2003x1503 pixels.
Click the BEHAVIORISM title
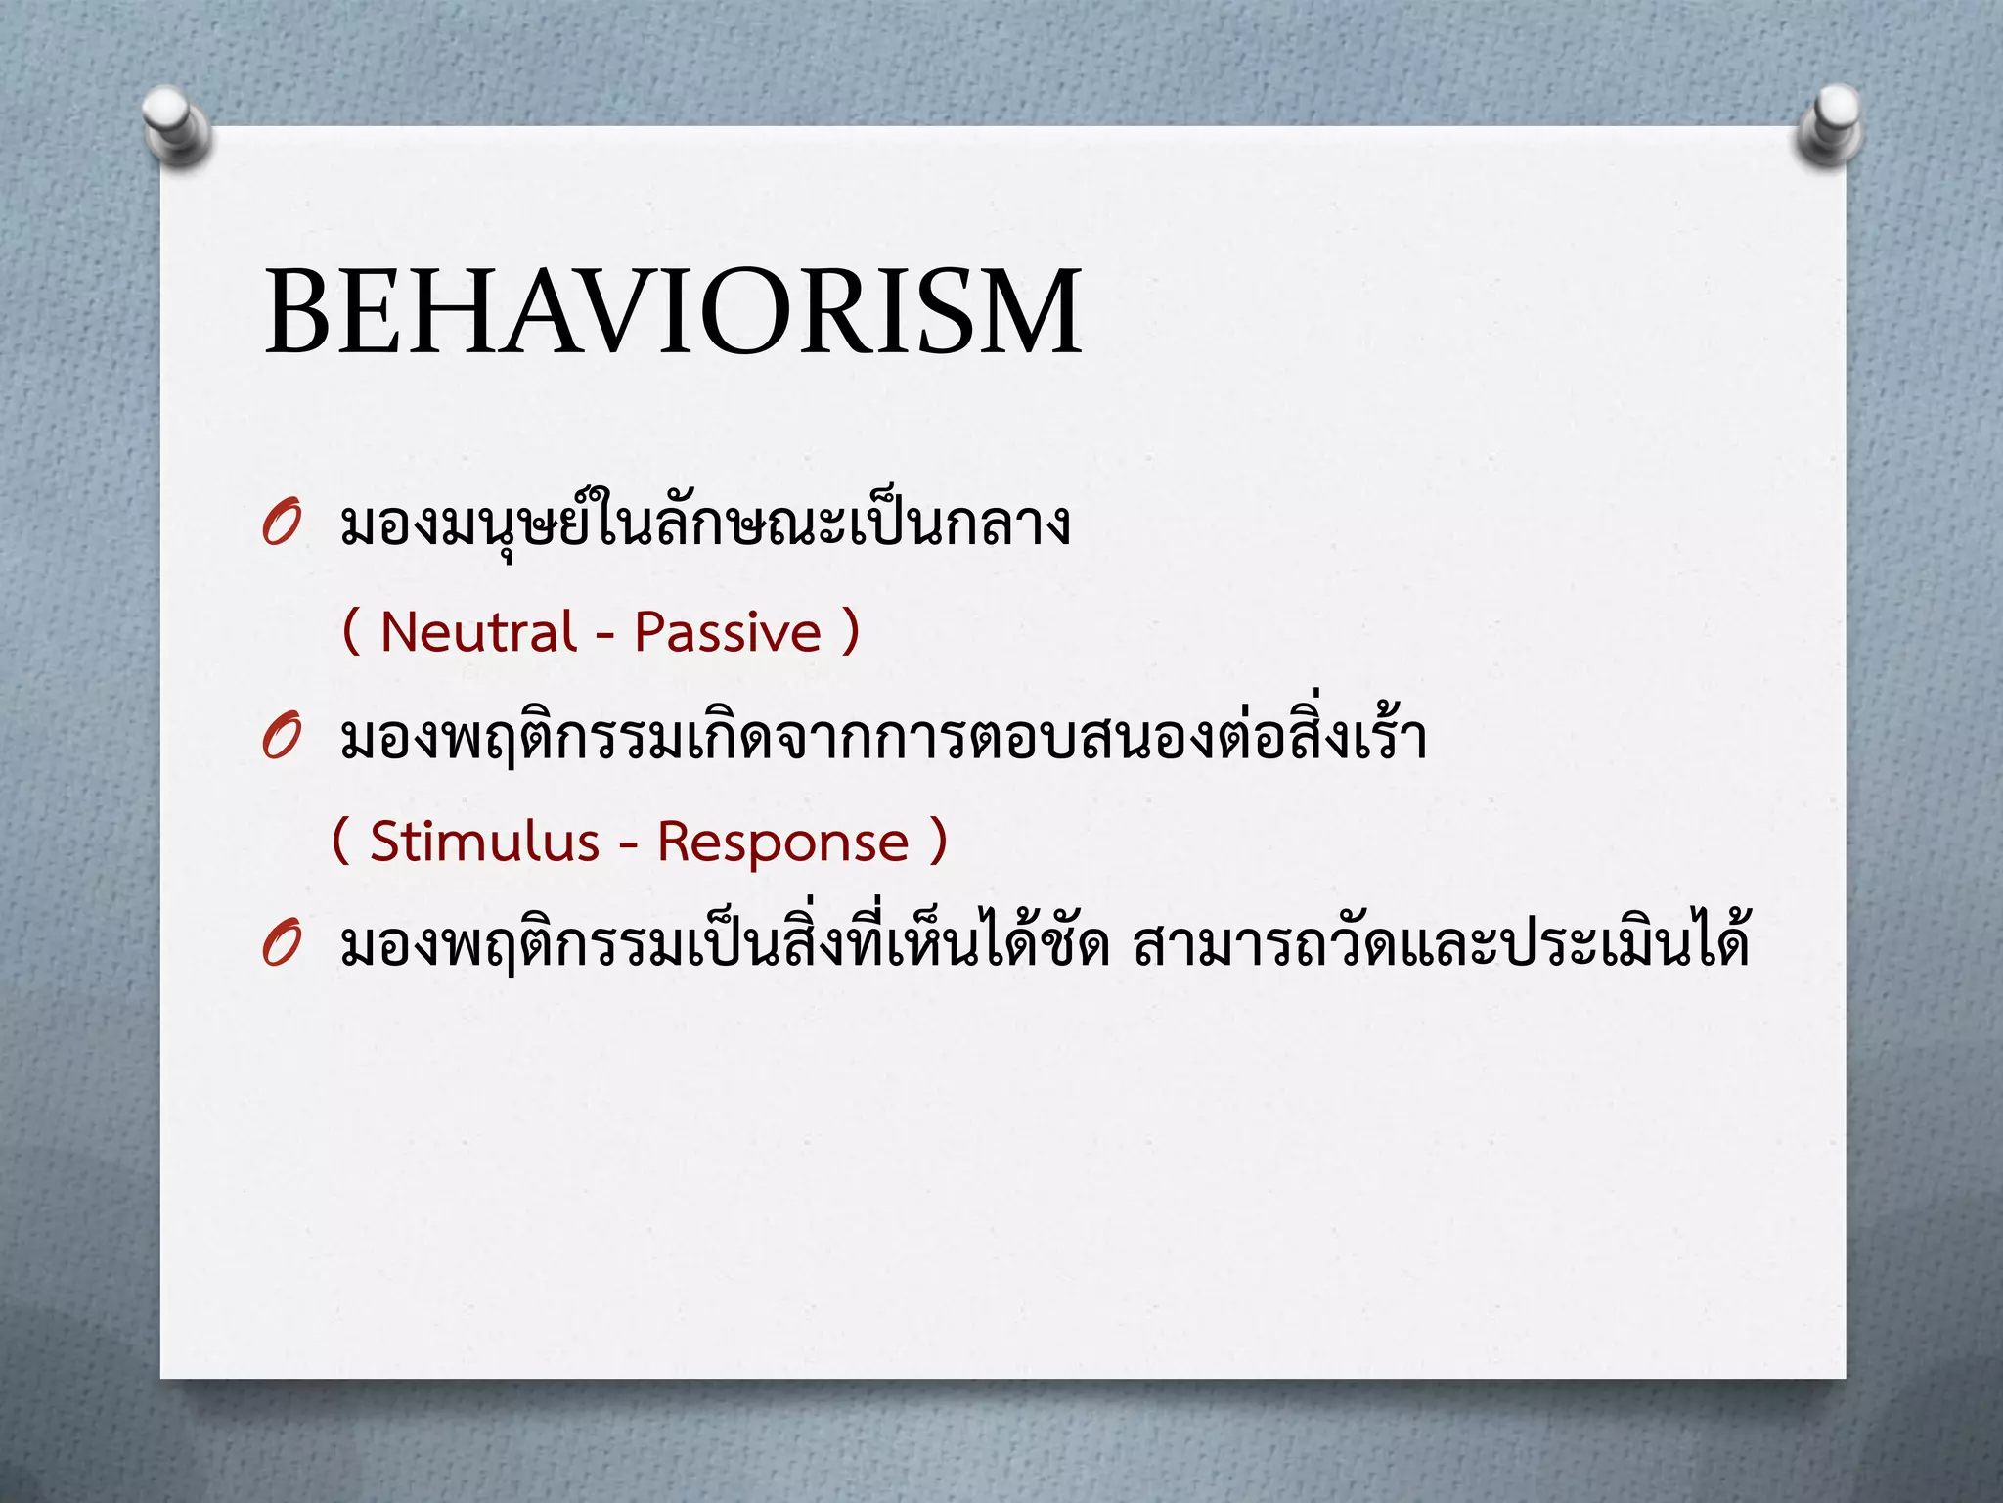coord(673,311)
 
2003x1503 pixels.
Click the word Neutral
coord(478,632)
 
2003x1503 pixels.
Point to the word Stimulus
coord(484,843)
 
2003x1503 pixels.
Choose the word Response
coord(782,843)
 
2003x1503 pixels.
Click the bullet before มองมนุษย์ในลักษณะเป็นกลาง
coord(281,526)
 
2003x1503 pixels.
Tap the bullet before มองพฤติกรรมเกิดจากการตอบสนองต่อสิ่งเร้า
coord(281,740)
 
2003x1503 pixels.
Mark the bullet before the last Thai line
coord(281,946)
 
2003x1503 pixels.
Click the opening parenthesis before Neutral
coord(351,632)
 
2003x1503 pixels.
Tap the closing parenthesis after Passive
coord(850,632)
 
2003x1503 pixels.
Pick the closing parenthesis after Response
coord(938,842)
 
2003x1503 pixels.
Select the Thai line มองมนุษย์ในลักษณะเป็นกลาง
coord(704,526)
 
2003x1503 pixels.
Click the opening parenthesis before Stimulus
coord(341,842)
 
